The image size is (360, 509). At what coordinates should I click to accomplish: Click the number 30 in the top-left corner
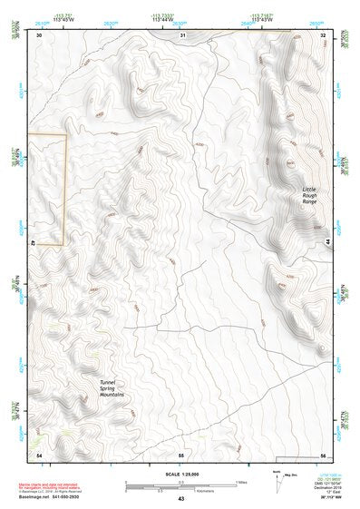(x=40, y=35)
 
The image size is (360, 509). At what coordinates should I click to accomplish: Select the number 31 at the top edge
(x=182, y=35)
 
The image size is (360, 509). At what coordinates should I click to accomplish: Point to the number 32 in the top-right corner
(x=323, y=35)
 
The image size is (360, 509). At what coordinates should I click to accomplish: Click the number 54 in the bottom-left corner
(x=39, y=453)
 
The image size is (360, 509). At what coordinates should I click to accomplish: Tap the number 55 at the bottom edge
(x=181, y=454)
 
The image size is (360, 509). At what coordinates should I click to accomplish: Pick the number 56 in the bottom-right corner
(x=323, y=454)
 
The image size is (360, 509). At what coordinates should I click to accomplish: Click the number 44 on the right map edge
(x=326, y=243)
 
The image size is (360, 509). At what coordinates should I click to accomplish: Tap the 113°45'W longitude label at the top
(x=64, y=19)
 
